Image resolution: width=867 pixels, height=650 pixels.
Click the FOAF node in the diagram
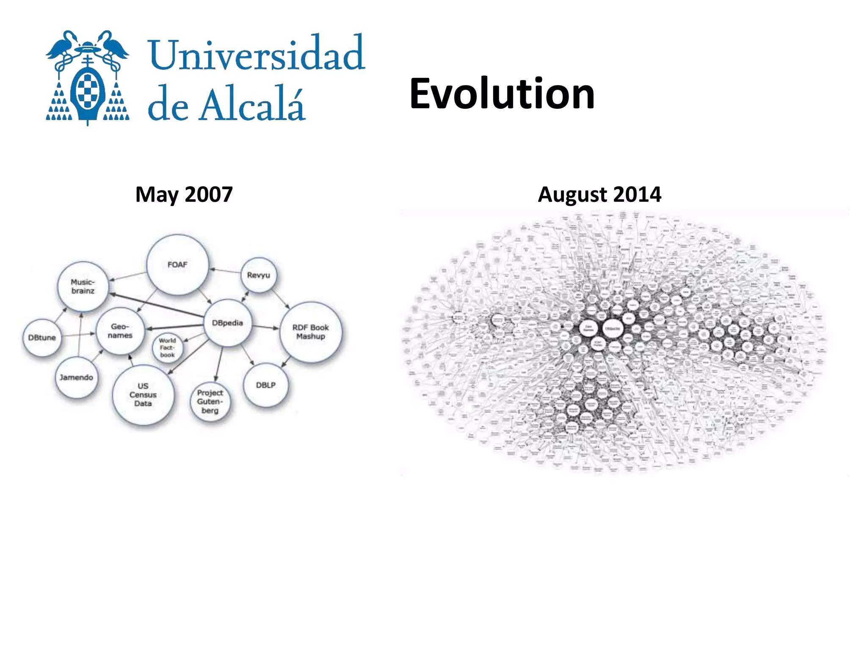[x=177, y=265]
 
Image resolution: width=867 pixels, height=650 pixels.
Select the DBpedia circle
[x=228, y=323]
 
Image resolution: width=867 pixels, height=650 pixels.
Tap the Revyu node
[x=258, y=275]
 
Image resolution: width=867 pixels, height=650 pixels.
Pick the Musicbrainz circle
[x=83, y=286]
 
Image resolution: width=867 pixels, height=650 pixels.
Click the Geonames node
[x=120, y=331]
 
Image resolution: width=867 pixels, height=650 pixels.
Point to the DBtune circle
[x=42, y=338]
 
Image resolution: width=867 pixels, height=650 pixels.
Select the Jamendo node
[x=76, y=377]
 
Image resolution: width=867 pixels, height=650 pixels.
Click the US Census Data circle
[x=143, y=395]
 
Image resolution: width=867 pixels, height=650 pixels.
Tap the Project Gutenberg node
[x=210, y=401]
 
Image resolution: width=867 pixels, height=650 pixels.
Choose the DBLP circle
[x=266, y=385]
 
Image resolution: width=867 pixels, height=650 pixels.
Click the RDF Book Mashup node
[x=311, y=332]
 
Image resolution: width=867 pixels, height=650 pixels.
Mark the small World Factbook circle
[x=167, y=347]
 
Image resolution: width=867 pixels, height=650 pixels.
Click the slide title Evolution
[x=502, y=94]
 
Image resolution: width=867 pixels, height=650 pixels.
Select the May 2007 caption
[x=184, y=194]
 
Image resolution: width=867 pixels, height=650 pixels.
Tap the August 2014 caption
[x=599, y=194]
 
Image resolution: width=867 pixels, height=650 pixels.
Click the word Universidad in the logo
[x=257, y=54]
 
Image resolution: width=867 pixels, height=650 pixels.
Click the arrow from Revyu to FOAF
[x=225, y=270]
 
